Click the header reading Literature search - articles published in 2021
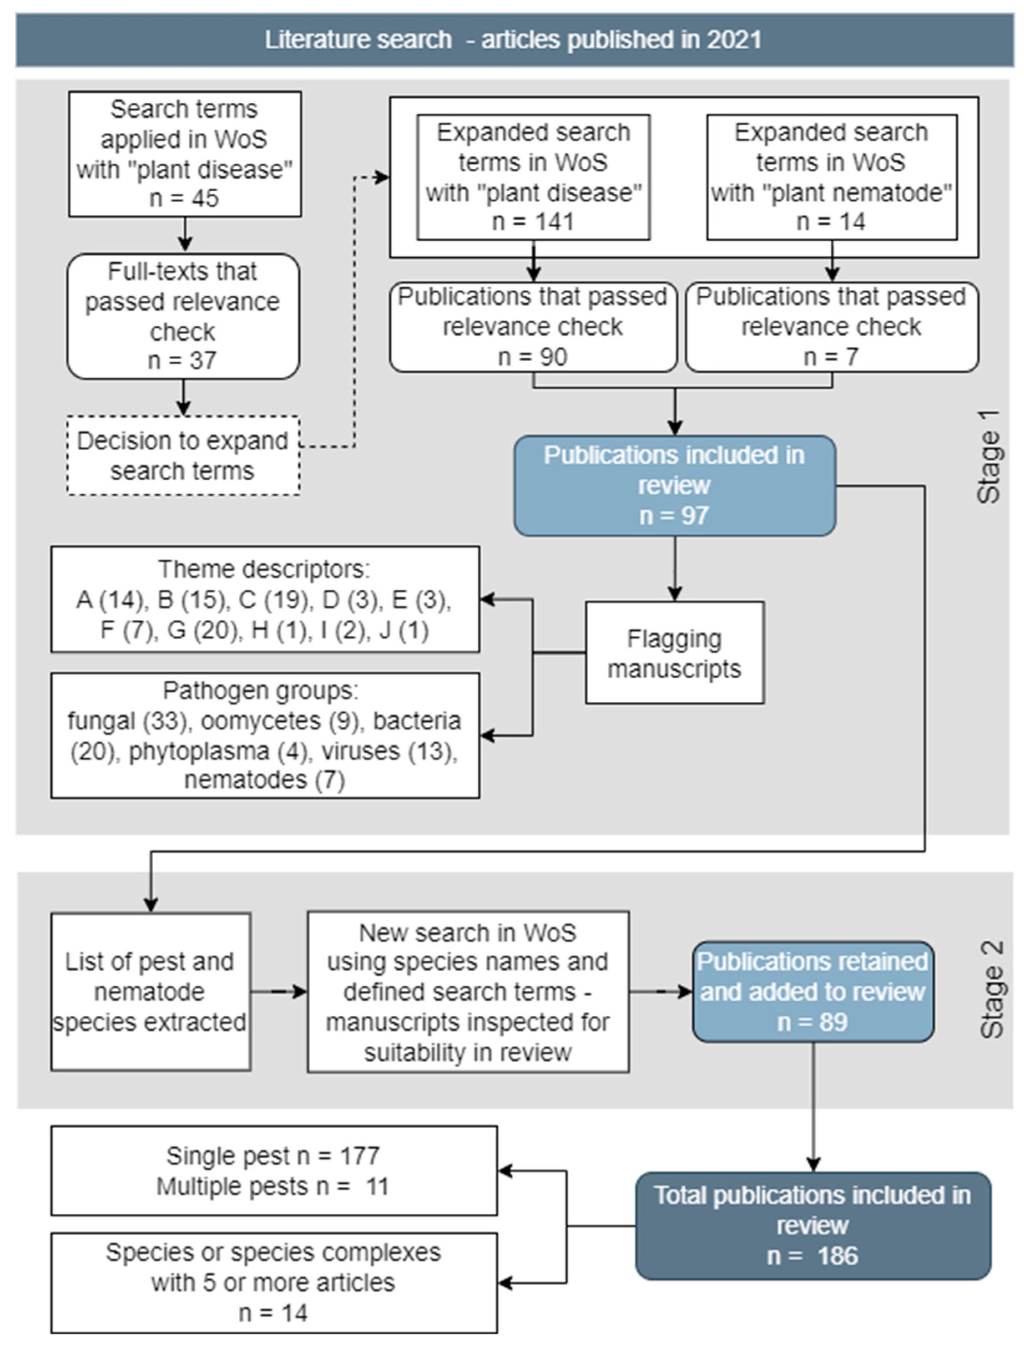(x=513, y=40)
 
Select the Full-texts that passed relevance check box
(x=183, y=316)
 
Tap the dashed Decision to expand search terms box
(x=183, y=455)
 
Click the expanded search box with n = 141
(x=533, y=177)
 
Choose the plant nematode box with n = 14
(x=831, y=177)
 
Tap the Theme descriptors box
(x=265, y=599)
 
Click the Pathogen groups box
(x=265, y=735)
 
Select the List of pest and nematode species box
(x=150, y=992)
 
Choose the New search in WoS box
(x=468, y=992)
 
